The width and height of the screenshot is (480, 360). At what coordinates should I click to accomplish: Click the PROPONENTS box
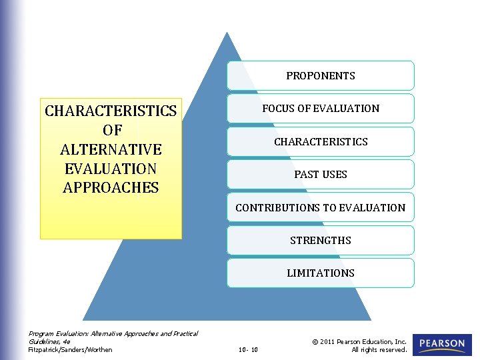[320, 75]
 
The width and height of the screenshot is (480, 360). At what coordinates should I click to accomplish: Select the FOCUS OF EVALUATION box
[320, 108]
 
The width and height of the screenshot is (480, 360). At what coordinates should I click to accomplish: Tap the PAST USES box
[320, 174]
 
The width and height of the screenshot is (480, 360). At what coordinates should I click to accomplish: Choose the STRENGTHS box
[320, 240]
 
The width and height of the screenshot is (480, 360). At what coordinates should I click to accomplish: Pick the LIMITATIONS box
[320, 273]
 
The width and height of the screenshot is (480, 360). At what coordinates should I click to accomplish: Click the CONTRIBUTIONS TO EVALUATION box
[320, 207]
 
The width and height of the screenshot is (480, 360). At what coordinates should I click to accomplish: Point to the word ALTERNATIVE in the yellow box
[111, 149]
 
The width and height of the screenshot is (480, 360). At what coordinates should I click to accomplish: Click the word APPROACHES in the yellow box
[111, 188]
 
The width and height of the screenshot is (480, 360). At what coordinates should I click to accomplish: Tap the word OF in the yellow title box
[111, 130]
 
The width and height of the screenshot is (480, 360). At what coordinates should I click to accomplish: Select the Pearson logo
[442, 345]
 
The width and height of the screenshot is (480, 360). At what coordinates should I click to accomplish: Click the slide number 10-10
[248, 349]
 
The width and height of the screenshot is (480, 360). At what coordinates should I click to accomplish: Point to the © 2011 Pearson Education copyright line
[359, 341]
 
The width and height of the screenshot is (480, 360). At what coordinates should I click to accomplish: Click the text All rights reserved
[379, 349]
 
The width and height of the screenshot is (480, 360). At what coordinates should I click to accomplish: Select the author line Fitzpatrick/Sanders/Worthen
[70, 349]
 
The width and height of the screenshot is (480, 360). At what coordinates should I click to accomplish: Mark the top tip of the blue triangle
[227, 33]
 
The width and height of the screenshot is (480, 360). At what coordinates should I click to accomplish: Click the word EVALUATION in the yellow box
[111, 169]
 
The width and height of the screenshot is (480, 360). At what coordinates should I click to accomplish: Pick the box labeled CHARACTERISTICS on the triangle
[320, 141]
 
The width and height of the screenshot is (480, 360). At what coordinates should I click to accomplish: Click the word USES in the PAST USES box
[334, 174]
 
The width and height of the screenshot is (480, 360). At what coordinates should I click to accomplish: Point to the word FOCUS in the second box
[277, 108]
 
